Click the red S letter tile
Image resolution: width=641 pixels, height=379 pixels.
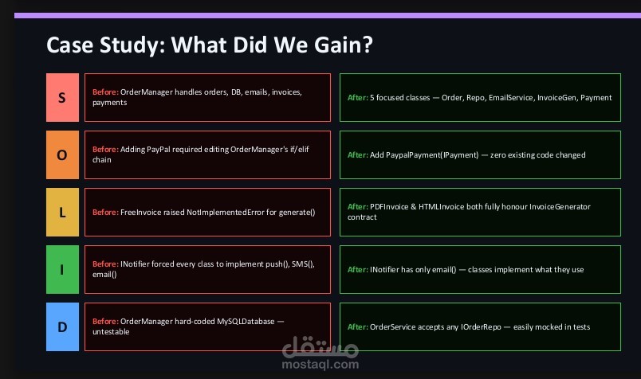point(62,98)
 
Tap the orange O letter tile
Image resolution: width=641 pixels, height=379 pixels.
point(62,154)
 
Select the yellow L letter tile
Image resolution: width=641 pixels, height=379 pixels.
point(62,213)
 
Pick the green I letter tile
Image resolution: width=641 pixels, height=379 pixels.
point(62,270)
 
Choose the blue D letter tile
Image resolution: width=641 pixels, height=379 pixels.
point(62,326)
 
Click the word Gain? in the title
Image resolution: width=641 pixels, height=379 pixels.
point(344,45)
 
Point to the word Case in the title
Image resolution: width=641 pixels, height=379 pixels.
point(70,45)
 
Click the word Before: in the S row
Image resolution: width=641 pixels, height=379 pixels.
point(105,92)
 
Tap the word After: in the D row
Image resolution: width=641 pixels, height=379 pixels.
point(358,326)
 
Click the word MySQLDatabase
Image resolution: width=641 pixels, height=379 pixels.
point(246,322)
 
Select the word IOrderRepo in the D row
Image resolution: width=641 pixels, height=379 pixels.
point(481,327)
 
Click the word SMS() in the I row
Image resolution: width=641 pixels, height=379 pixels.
point(303,264)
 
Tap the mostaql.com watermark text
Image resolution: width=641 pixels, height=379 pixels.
point(320,365)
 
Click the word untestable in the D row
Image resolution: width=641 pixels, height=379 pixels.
point(111,332)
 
